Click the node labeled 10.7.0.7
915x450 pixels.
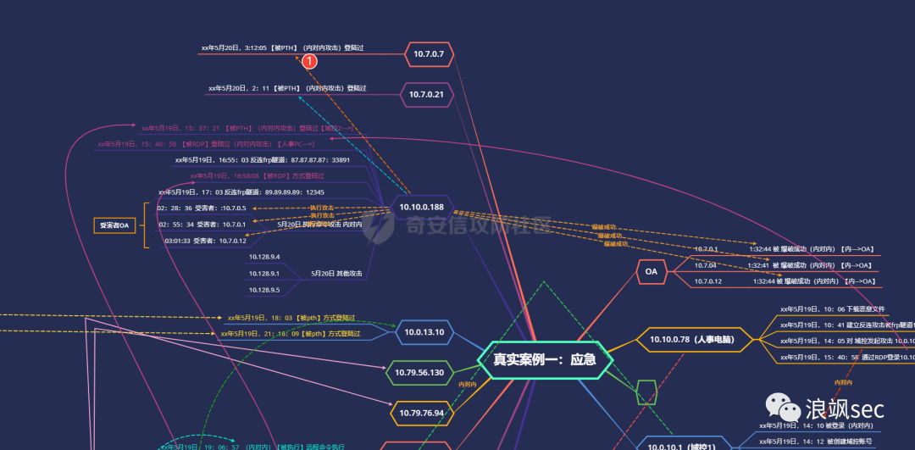[429, 54]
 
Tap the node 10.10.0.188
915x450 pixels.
[419, 207]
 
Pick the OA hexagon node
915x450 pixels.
[651, 272]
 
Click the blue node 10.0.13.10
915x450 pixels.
[424, 332]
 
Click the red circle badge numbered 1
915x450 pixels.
[310, 61]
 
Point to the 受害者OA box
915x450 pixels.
[114, 225]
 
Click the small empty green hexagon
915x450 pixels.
[646, 392]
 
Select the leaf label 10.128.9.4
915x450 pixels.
[264, 256]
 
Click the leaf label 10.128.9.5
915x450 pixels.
[264, 290]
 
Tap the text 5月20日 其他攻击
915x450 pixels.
[336, 273]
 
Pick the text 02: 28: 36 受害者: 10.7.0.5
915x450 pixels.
[202, 208]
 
